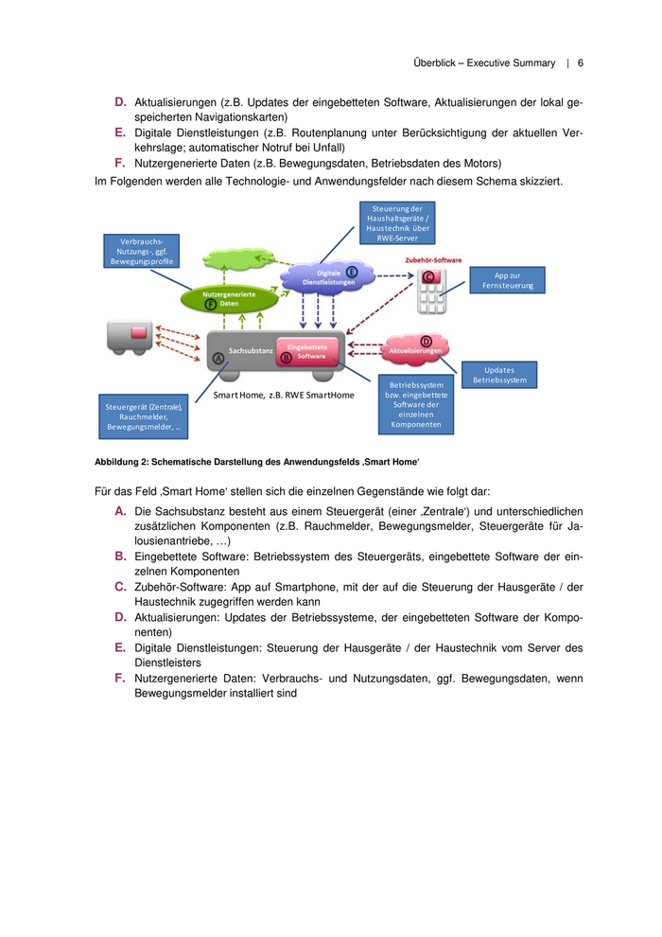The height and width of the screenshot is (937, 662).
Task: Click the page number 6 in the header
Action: point(581,63)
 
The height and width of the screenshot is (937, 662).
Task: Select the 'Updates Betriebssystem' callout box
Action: point(499,375)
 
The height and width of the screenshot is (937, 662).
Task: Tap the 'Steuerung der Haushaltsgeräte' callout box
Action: point(397,222)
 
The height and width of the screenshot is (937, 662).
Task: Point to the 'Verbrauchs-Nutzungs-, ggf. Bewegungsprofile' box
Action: point(142,252)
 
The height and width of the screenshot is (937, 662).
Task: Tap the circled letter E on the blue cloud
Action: point(352,272)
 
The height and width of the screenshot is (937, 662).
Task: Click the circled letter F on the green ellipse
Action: point(210,304)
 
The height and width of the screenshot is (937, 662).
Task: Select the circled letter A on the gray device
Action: point(219,359)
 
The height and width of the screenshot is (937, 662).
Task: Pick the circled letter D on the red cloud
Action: point(426,341)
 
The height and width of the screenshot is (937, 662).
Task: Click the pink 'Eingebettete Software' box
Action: point(306,351)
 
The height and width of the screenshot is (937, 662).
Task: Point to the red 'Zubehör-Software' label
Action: point(433,258)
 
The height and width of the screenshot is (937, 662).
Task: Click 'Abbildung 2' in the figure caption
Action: point(122,462)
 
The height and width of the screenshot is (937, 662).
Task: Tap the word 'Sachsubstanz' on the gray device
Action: point(251,351)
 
